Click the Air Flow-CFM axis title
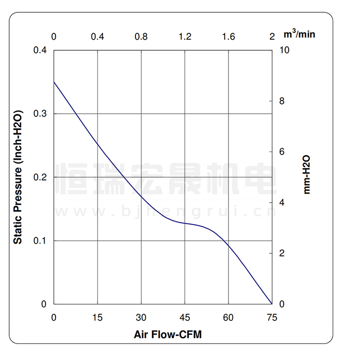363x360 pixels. coord(167,335)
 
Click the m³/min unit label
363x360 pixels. coord(300,34)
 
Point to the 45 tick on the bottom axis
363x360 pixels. coord(185,317)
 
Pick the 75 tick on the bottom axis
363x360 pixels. coord(272,317)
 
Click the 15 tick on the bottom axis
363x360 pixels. coord(97,317)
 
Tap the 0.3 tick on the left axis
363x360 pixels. coord(40,114)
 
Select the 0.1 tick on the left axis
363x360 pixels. coord(40,241)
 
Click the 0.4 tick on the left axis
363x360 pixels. coord(40,50)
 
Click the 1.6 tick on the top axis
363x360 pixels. coord(228,37)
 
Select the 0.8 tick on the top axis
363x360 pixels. coord(141,37)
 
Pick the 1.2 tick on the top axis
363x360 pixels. coord(185,37)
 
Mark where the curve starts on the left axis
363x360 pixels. coord(54,82)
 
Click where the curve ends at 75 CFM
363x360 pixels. coord(272,304)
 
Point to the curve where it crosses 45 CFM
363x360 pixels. coord(185,223)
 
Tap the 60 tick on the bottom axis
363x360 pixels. coord(228,317)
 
